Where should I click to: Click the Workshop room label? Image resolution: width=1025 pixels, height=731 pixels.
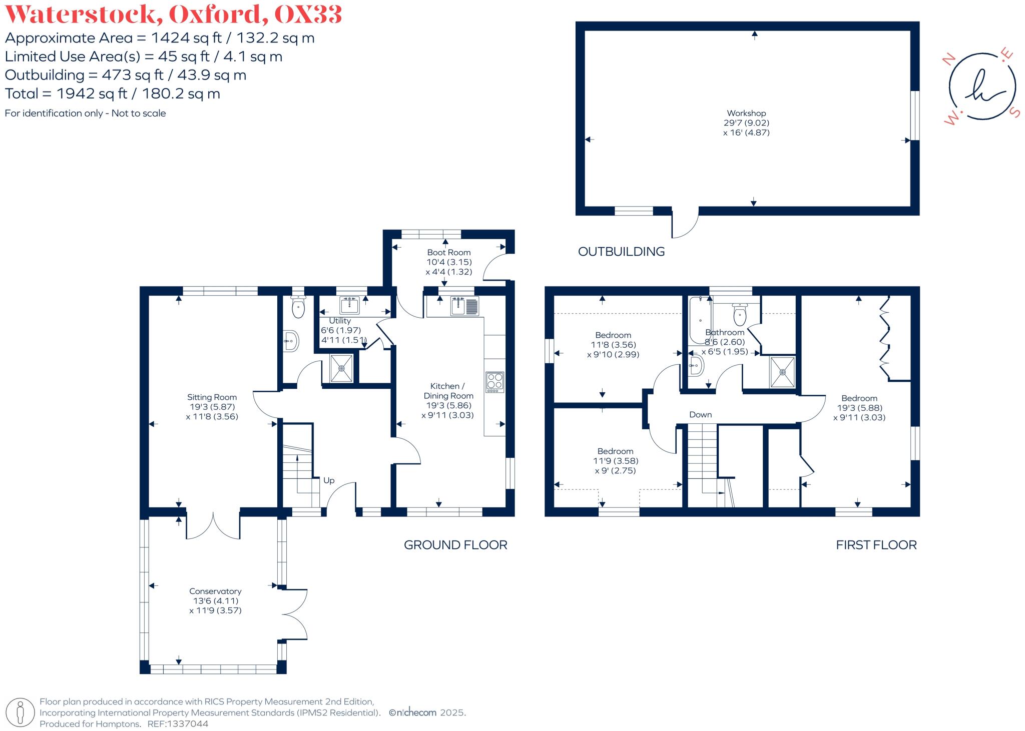point(746,113)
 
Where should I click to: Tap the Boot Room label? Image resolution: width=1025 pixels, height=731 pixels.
point(448,252)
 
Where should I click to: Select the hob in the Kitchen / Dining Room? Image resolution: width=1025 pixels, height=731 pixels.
point(494,382)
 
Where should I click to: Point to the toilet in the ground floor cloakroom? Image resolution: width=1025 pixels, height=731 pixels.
point(298,307)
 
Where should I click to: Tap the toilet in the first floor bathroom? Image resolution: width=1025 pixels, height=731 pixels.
point(740,314)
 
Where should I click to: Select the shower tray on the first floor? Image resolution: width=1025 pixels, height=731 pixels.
point(782,372)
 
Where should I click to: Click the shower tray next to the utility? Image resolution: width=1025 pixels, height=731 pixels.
point(341,368)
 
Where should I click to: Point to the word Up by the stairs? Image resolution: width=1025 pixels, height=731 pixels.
point(329,480)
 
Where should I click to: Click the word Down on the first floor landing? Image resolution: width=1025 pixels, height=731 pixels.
point(700,414)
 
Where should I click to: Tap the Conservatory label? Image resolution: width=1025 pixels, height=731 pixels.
point(215,591)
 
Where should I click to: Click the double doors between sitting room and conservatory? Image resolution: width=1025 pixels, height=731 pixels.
point(213,526)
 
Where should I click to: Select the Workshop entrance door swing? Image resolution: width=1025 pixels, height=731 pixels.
point(685,224)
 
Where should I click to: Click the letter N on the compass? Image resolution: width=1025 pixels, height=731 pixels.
point(947,60)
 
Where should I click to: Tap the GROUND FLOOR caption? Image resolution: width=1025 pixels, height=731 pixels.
point(455,545)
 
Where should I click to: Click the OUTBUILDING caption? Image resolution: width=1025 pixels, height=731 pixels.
point(621,251)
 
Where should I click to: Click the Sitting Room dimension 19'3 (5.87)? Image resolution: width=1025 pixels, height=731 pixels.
point(212,407)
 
